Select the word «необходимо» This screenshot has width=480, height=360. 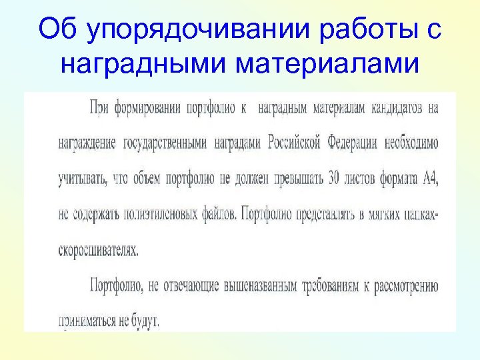[x=413, y=143]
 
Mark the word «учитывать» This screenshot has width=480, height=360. [x=79, y=179]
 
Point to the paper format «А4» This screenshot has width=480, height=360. [x=429, y=179]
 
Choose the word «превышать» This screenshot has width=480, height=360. [x=293, y=179]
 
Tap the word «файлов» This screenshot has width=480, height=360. [x=215, y=215]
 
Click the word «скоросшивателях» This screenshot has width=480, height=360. [x=99, y=251]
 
